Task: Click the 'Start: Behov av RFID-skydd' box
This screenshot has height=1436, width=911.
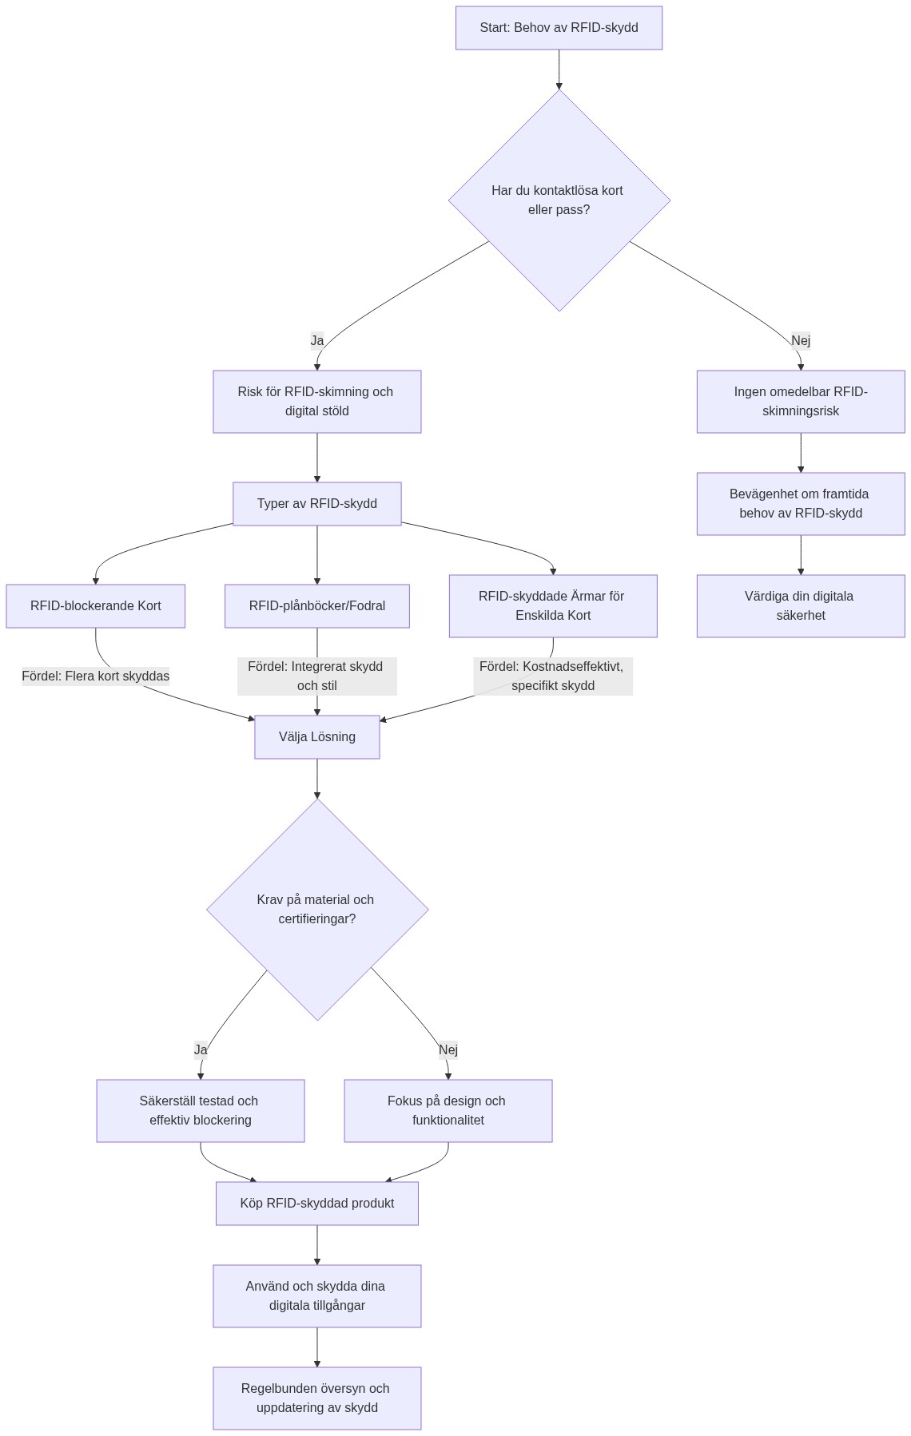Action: [559, 28]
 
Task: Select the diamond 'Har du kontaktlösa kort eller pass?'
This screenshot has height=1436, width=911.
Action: [559, 200]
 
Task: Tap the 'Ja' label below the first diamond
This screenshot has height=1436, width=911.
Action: [317, 340]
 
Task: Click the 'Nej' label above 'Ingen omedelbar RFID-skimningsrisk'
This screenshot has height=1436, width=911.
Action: [801, 340]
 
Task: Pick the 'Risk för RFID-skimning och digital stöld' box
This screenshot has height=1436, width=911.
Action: [316, 402]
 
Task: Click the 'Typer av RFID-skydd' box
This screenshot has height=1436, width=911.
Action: [316, 504]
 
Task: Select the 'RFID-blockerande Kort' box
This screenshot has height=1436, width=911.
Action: [95, 606]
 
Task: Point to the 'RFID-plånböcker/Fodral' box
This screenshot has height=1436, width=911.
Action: [316, 606]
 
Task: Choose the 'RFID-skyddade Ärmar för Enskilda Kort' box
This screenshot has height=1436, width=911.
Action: [553, 606]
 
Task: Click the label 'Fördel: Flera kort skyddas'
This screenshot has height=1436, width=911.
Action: [95, 676]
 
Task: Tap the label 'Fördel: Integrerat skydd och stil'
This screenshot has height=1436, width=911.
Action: [316, 676]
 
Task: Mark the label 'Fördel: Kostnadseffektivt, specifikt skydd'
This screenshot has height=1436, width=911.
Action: [553, 676]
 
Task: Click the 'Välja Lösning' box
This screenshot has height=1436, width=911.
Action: [316, 737]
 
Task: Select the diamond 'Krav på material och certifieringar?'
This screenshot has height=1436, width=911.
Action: [317, 909]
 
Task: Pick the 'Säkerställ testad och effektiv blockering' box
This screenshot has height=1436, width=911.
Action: [200, 1111]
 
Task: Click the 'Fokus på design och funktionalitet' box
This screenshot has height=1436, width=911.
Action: [448, 1111]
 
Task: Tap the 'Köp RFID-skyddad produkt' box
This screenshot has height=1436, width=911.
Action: [316, 1204]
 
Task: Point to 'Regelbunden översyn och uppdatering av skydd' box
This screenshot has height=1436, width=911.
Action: [316, 1398]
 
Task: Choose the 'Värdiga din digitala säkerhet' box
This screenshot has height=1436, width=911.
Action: [800, 606]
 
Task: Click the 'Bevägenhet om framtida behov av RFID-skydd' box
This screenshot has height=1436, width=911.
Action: [800, 504]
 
